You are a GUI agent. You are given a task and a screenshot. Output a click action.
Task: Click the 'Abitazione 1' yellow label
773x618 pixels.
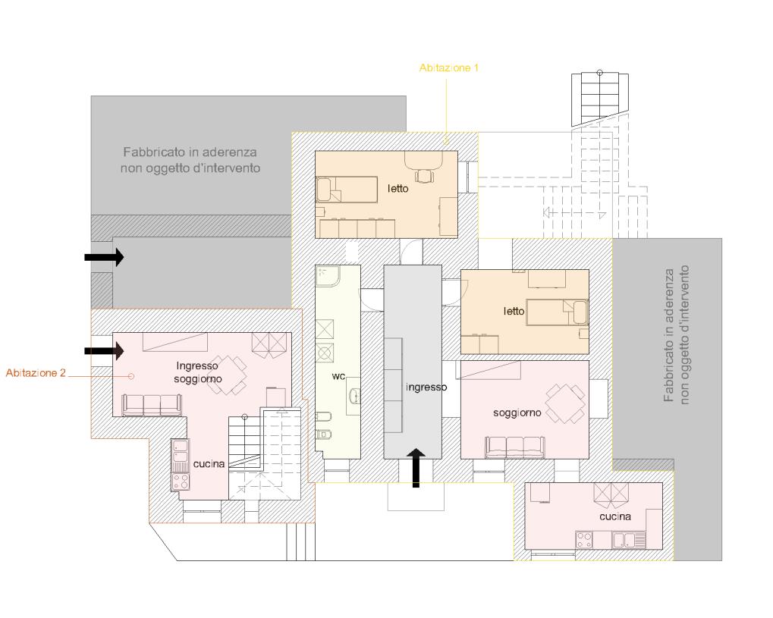click(x=448, y=68)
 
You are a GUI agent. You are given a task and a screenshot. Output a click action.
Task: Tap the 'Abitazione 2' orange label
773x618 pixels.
click(x=36, y=373)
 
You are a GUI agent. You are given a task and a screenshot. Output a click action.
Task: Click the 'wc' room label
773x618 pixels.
click(x=338, y=376)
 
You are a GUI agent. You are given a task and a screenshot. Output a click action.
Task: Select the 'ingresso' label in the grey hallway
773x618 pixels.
click(x=426, y=387)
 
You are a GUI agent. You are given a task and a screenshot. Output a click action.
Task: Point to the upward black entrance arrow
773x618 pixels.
click(x=416, y=468)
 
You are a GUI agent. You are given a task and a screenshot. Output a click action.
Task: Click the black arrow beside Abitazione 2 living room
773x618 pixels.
click(x=104, y=351)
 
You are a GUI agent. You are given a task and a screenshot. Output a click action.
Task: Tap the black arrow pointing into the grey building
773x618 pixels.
click(x=104, y=257)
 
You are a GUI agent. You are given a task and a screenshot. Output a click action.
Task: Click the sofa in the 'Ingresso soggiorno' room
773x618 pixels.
click(x=152, y=405)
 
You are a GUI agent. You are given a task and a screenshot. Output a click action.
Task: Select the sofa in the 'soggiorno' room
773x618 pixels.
click(x=514, y=447)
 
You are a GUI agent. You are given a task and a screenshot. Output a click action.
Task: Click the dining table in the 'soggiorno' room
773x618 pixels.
click(x=565, y=403)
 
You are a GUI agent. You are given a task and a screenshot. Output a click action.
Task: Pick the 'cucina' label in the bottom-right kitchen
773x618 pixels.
click(x=615, y=516)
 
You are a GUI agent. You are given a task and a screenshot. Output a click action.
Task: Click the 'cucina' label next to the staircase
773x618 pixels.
click(x=209, y=464)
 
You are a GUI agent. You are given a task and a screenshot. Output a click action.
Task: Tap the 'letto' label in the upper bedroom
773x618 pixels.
click(x=397, y=188)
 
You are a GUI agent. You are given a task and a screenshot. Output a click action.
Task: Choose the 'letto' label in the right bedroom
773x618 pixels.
click(x=514, y=311)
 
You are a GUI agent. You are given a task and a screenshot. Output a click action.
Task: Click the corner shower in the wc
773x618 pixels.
click(x=328, y=276)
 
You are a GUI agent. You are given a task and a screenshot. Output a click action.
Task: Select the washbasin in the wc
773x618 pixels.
click(x=354, y=396)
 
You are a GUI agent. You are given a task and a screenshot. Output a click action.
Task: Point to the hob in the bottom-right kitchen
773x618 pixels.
click(x=584, y=540)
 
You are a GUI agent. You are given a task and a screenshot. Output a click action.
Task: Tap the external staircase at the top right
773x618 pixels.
click(x=600, y=99)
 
